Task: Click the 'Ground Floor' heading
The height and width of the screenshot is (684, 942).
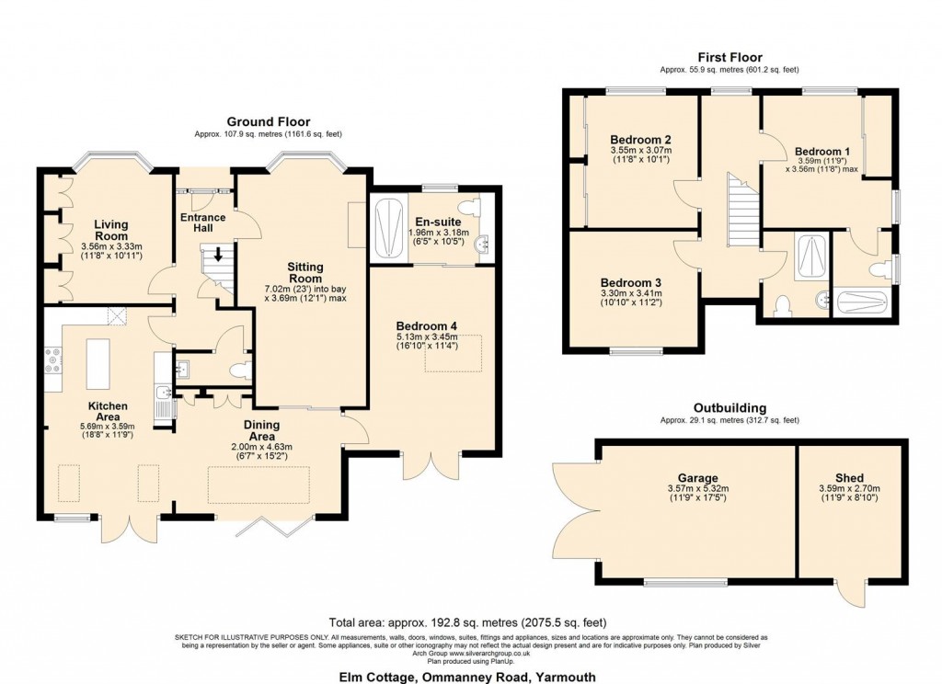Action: point(269,121)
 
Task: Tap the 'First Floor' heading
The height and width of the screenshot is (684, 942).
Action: point(729,57)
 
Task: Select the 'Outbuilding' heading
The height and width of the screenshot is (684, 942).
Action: point(729,408)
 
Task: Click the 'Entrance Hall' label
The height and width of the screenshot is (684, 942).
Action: point(202,223)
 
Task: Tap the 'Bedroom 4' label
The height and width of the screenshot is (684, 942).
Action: point(426,325)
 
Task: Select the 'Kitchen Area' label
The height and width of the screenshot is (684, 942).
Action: point(108,412)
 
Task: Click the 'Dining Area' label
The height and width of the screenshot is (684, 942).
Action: point(262,430)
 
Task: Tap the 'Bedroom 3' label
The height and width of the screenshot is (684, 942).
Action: point(631,282)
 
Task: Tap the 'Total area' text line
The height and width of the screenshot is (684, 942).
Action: point(467,622)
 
